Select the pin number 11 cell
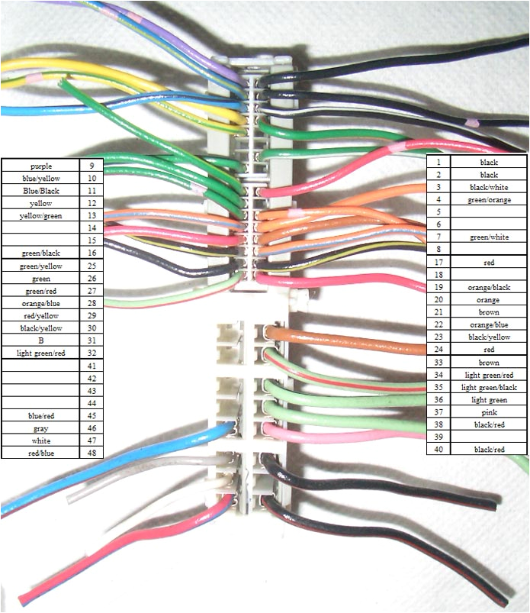[x=91, y=191]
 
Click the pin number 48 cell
[x=91, y=453]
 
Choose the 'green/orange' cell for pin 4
[x=489, y=200]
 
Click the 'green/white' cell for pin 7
[x=489, y=237]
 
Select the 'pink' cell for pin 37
[x=489, y=411]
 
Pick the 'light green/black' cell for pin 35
[x=489, y=387]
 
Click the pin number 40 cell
[x=438, y=449]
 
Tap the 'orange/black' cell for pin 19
[x=489, y=287]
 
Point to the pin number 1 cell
[x=438, y=163]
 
